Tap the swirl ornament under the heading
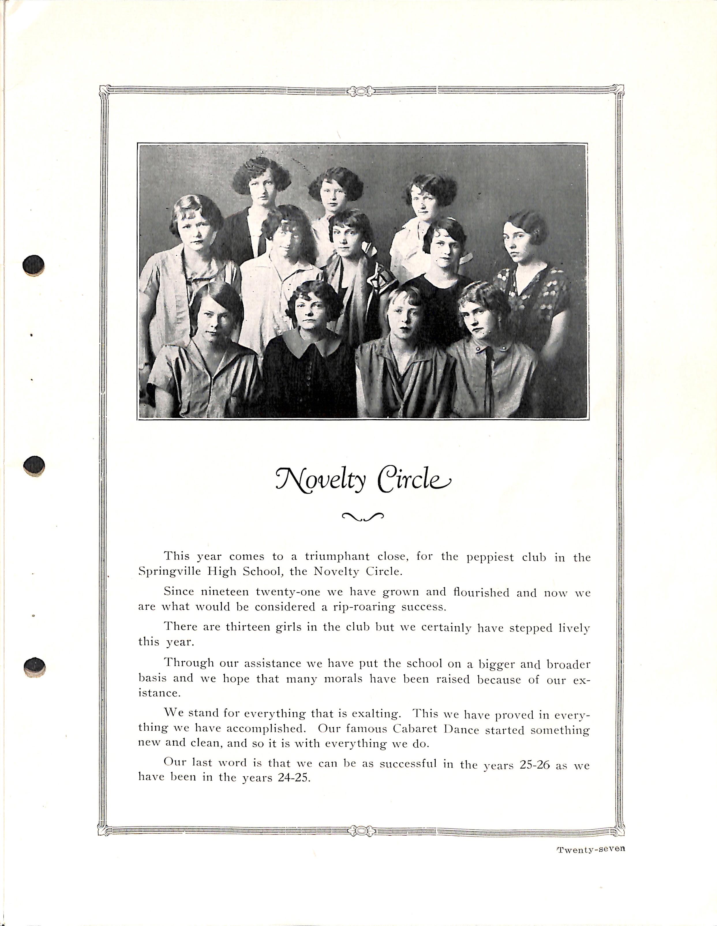click(362, 516)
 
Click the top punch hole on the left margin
click(33, 266)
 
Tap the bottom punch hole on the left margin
click(35, 667)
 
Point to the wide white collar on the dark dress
click(308, 341)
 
